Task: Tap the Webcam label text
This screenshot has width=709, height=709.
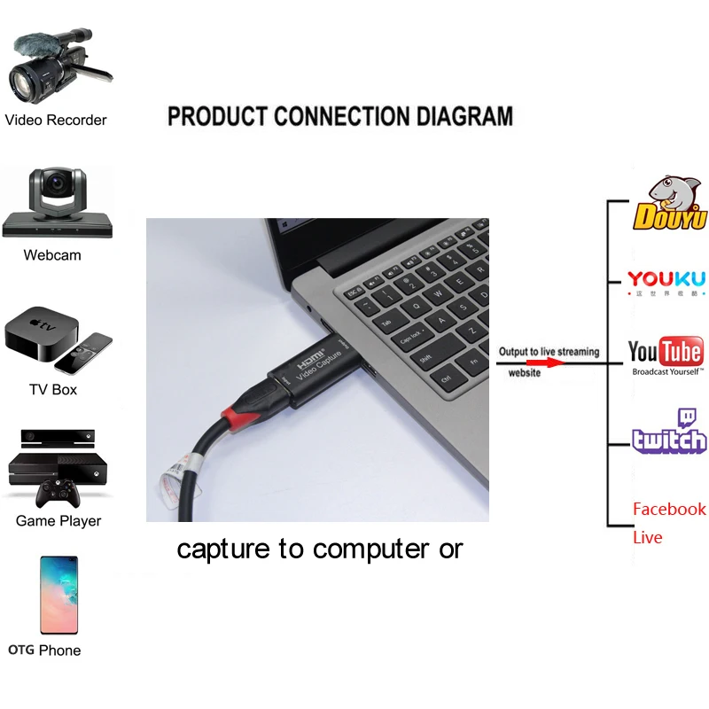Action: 52,255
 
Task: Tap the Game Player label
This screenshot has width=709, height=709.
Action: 58,521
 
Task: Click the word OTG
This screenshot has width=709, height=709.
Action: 21,651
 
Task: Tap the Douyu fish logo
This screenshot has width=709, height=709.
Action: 668,204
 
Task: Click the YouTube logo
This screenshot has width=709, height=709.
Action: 666,352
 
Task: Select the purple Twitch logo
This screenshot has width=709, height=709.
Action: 670,432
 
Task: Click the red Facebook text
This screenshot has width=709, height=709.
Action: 669,509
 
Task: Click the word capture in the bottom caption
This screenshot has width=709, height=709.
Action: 226,549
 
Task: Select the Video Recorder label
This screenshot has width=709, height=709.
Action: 56,120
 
